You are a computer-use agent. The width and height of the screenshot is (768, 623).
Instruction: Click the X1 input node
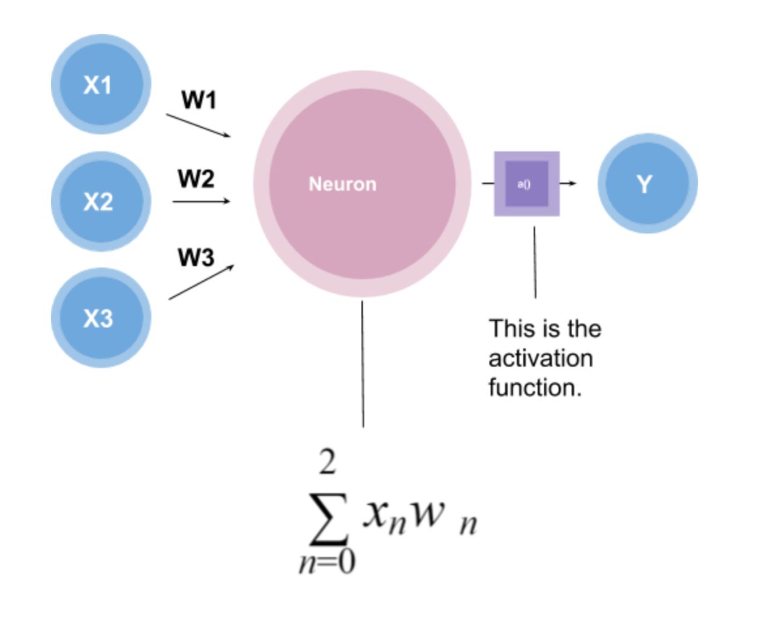[x=100, y=85]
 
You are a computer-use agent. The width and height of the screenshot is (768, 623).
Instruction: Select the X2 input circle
[x=100, y=202]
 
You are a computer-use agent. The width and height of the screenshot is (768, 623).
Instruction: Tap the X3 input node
[x=100, y=318]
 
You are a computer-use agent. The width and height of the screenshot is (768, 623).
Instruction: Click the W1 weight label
[x=198, y=100]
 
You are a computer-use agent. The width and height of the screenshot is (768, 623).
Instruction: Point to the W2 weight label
[x=196, y=179]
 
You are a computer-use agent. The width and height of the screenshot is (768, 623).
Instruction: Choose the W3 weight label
[x=196, y=258]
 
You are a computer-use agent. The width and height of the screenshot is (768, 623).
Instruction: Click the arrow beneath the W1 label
[x=198, y=126]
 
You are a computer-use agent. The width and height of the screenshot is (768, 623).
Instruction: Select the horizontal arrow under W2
[x=201, y=202]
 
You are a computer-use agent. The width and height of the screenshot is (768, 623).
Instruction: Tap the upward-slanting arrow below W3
[x=200, y=282]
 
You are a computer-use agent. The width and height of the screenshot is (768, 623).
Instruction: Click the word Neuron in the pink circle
[x=343, y=185]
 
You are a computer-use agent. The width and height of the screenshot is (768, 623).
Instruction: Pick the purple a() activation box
[x=526, y=184]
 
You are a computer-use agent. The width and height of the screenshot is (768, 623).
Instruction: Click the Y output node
[x=647, y=184]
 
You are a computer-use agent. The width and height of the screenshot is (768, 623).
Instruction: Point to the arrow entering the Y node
[x=568, y=184]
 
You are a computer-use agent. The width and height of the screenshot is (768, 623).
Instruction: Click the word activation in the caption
[x=541, y=358]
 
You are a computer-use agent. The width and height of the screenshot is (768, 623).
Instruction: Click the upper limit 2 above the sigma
[x=328, y=464]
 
